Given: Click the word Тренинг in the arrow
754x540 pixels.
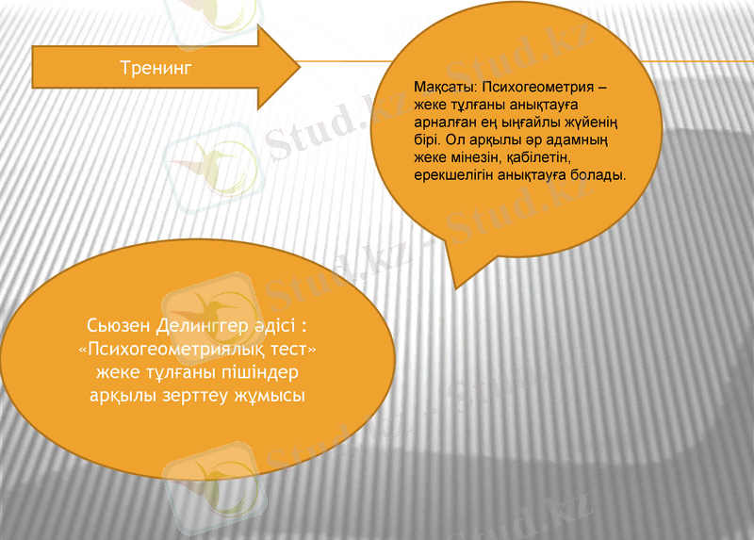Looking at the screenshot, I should click(x=156, y=68).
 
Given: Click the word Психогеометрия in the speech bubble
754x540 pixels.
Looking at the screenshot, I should click(x=537, y=88).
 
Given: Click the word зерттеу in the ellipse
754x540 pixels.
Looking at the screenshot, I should click(x=191, y=396).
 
